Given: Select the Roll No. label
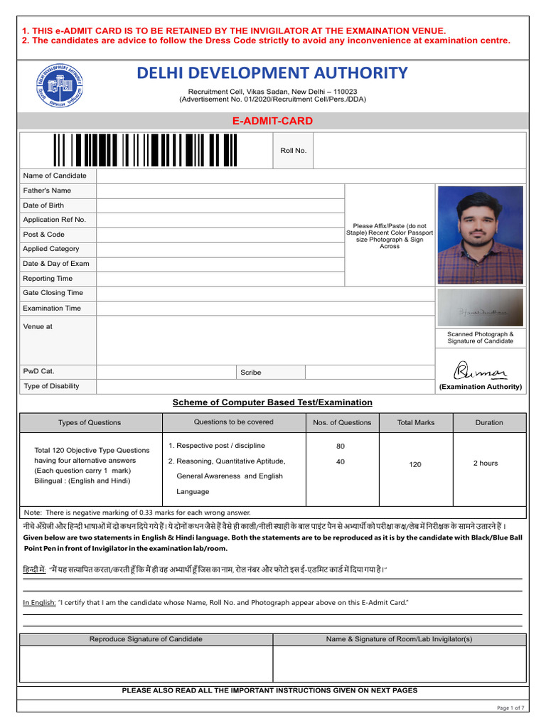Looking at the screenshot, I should click(x=293, y=151).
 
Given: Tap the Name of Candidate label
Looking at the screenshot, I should click(x=55, y=176).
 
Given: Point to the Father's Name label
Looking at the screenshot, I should click(x=47, y=191).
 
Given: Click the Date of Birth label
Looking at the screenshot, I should click(x=43, y=205).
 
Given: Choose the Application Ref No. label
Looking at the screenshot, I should click(x=54, y=220).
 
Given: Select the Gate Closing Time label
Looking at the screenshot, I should click(x=53, y=293).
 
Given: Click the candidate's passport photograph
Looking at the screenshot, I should click(x=480, y=235).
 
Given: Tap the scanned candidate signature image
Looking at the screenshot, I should click(x=480, y=308).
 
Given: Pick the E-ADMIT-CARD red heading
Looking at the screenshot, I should click(x=272, y=121).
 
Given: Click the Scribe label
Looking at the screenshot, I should click(x=251, y=372).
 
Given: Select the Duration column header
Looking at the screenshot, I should click(x=489, y=422).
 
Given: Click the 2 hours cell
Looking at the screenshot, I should click(x=486, y=464).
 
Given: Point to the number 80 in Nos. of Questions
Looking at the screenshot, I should click(x=341, y=446).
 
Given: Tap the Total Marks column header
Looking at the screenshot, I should click(x=416, y=422).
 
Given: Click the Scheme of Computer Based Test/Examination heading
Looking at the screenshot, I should click(x=272, y=402).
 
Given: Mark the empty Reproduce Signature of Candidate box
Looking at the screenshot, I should click(x=146, y=664).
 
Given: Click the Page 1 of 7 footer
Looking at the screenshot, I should click(x=510, y=708).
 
